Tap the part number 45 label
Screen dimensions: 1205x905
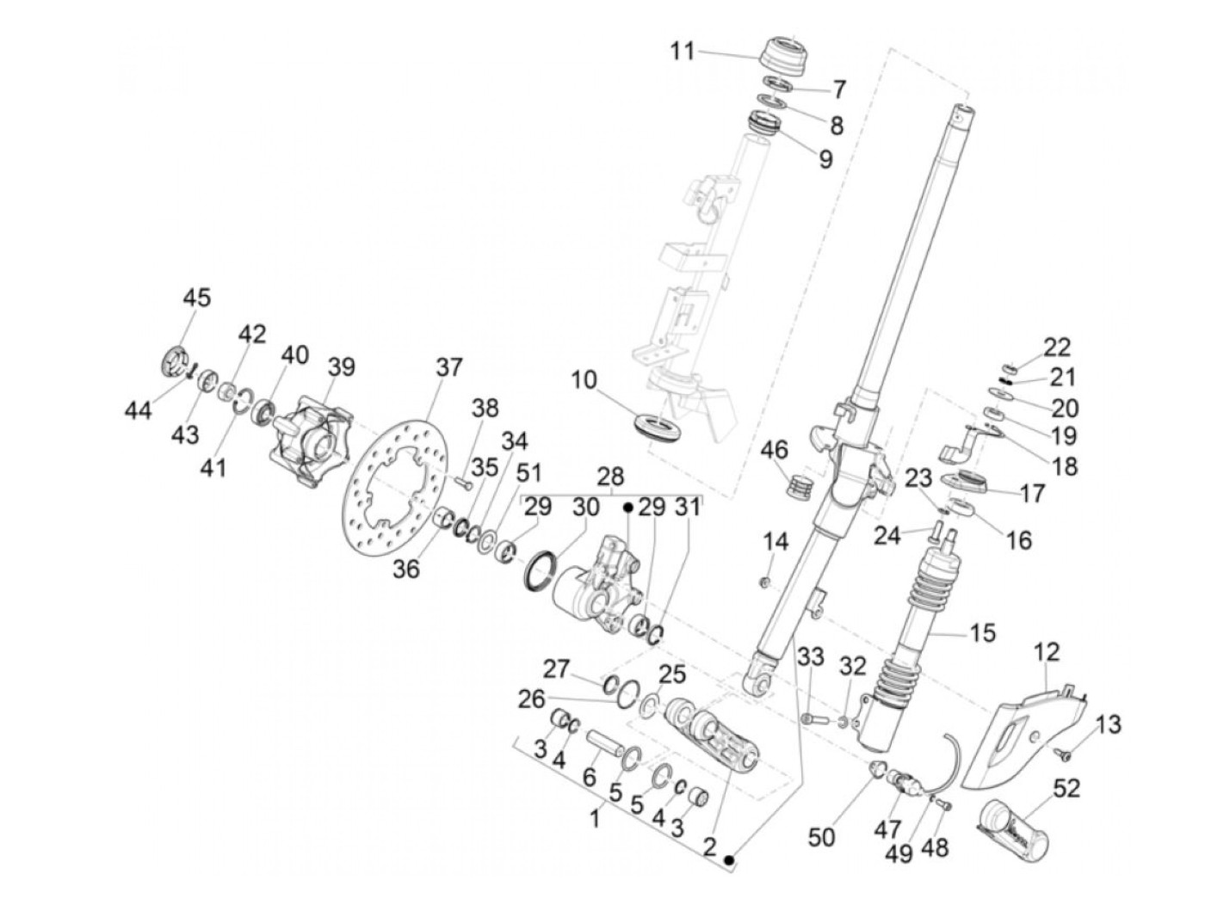[x=196, y=298]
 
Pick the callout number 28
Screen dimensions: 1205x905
[x=610, y=476]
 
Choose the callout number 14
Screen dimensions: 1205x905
[x=775, y=541]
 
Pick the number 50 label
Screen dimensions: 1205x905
[x=821, y=838]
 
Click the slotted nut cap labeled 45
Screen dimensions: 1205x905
[x=176, y=361]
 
